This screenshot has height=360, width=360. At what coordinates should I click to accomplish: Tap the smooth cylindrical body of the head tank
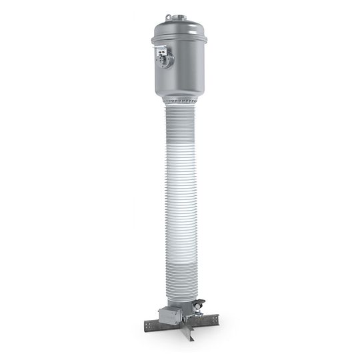point(190,67)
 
